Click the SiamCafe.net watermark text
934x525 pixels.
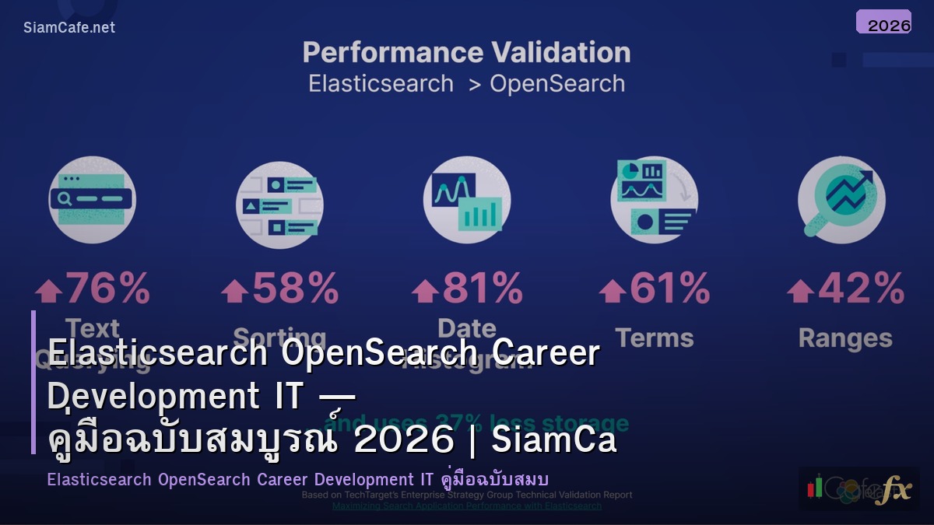tap(69, 27)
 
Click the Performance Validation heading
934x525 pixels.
tap(466, 53)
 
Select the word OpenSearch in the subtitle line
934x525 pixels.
tap(557, 83)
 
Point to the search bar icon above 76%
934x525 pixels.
tap(92, 200)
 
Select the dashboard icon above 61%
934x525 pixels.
tap(654, 200)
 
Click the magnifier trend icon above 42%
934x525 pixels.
tap(841, 200)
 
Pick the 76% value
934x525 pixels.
tap(107, 289)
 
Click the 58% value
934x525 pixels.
tap(295, 289)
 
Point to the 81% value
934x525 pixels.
tap(483, 289)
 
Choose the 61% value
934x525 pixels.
tap(669, 289)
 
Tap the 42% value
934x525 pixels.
tap(860, 289)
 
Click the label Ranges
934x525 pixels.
tap(845, 338)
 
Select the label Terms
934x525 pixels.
tap(654, 338)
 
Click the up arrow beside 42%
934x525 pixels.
tap(799, 291)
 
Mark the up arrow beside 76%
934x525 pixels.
tap(48, 291)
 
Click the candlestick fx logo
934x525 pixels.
tap(859, 488)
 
